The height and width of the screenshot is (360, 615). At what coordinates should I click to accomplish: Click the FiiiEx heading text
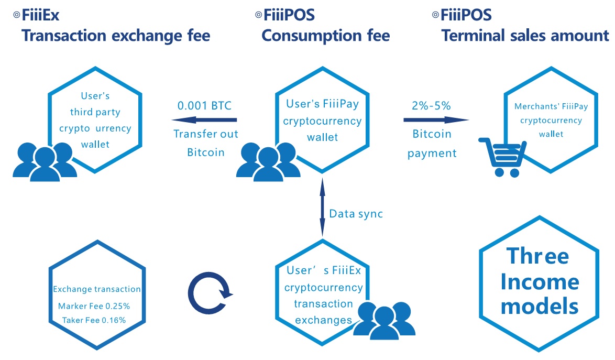[40, 15]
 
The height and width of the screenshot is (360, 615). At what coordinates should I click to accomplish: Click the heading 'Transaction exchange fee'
[116, 36]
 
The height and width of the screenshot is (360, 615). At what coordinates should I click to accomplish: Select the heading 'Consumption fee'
[325, 36]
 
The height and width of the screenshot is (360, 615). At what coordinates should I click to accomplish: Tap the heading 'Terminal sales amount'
[525, 36]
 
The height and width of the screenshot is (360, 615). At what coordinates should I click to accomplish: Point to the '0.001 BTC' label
[204, 105]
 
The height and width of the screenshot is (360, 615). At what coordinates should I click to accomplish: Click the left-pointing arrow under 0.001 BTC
[204, 119]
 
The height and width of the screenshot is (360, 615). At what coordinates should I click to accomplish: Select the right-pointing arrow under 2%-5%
[436, 119]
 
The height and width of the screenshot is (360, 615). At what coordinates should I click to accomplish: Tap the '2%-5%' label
[431, 105]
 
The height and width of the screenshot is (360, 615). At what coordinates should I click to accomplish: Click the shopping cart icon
[502, 157]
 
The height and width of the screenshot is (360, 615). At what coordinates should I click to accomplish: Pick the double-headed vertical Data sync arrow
[322, 207]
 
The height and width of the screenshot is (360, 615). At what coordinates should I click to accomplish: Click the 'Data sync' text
[356, 214]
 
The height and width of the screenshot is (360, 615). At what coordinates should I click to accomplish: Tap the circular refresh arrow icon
[210, 293]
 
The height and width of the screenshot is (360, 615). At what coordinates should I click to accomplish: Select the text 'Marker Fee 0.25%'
[94, 306]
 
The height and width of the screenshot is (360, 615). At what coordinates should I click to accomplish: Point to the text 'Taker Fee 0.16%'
[94, 320]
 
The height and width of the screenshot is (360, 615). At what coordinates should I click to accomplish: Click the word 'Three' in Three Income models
[537, 256]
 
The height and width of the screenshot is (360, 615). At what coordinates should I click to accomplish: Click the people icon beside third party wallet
[45, 161]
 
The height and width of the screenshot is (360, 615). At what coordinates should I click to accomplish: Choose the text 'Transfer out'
[206, 134]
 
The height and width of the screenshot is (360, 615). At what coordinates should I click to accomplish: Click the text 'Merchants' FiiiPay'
[551, 106]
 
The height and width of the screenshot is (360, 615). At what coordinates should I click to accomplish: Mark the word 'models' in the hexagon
[540, 306]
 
